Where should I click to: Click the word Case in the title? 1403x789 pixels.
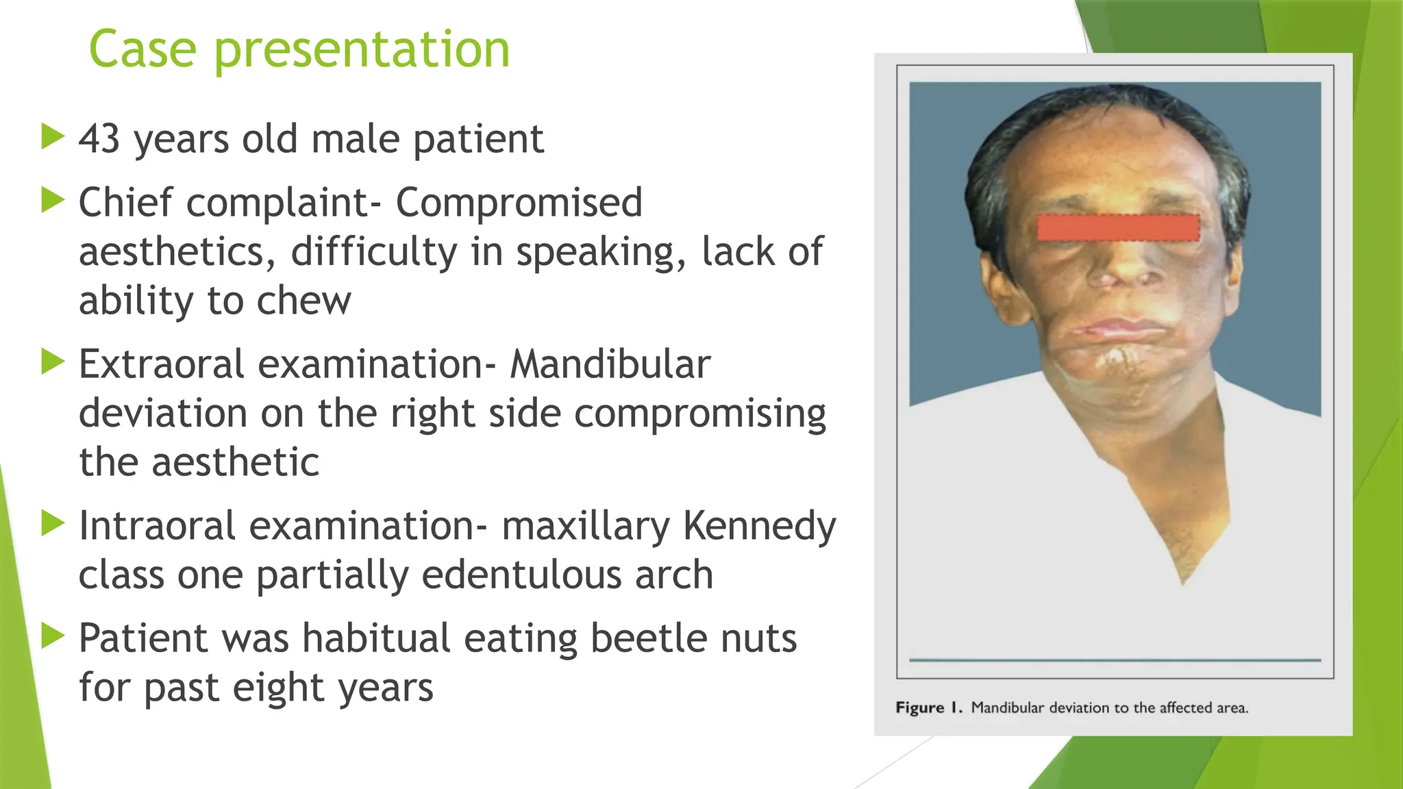coord(142,49)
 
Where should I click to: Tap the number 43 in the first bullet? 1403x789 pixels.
coord(99,139)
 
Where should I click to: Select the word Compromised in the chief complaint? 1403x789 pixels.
coord(519,203)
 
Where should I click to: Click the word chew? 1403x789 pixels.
coord(303,301)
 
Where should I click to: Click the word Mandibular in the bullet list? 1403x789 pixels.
coord(610,364)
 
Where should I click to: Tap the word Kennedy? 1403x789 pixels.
coord(759,526)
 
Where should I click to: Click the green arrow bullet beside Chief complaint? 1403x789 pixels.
coord(52,201)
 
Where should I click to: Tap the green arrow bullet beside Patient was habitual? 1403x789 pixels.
coord(52,636)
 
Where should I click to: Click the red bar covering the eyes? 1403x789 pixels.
coord(1118,227)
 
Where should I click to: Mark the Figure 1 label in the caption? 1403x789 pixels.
coord(928,707)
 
